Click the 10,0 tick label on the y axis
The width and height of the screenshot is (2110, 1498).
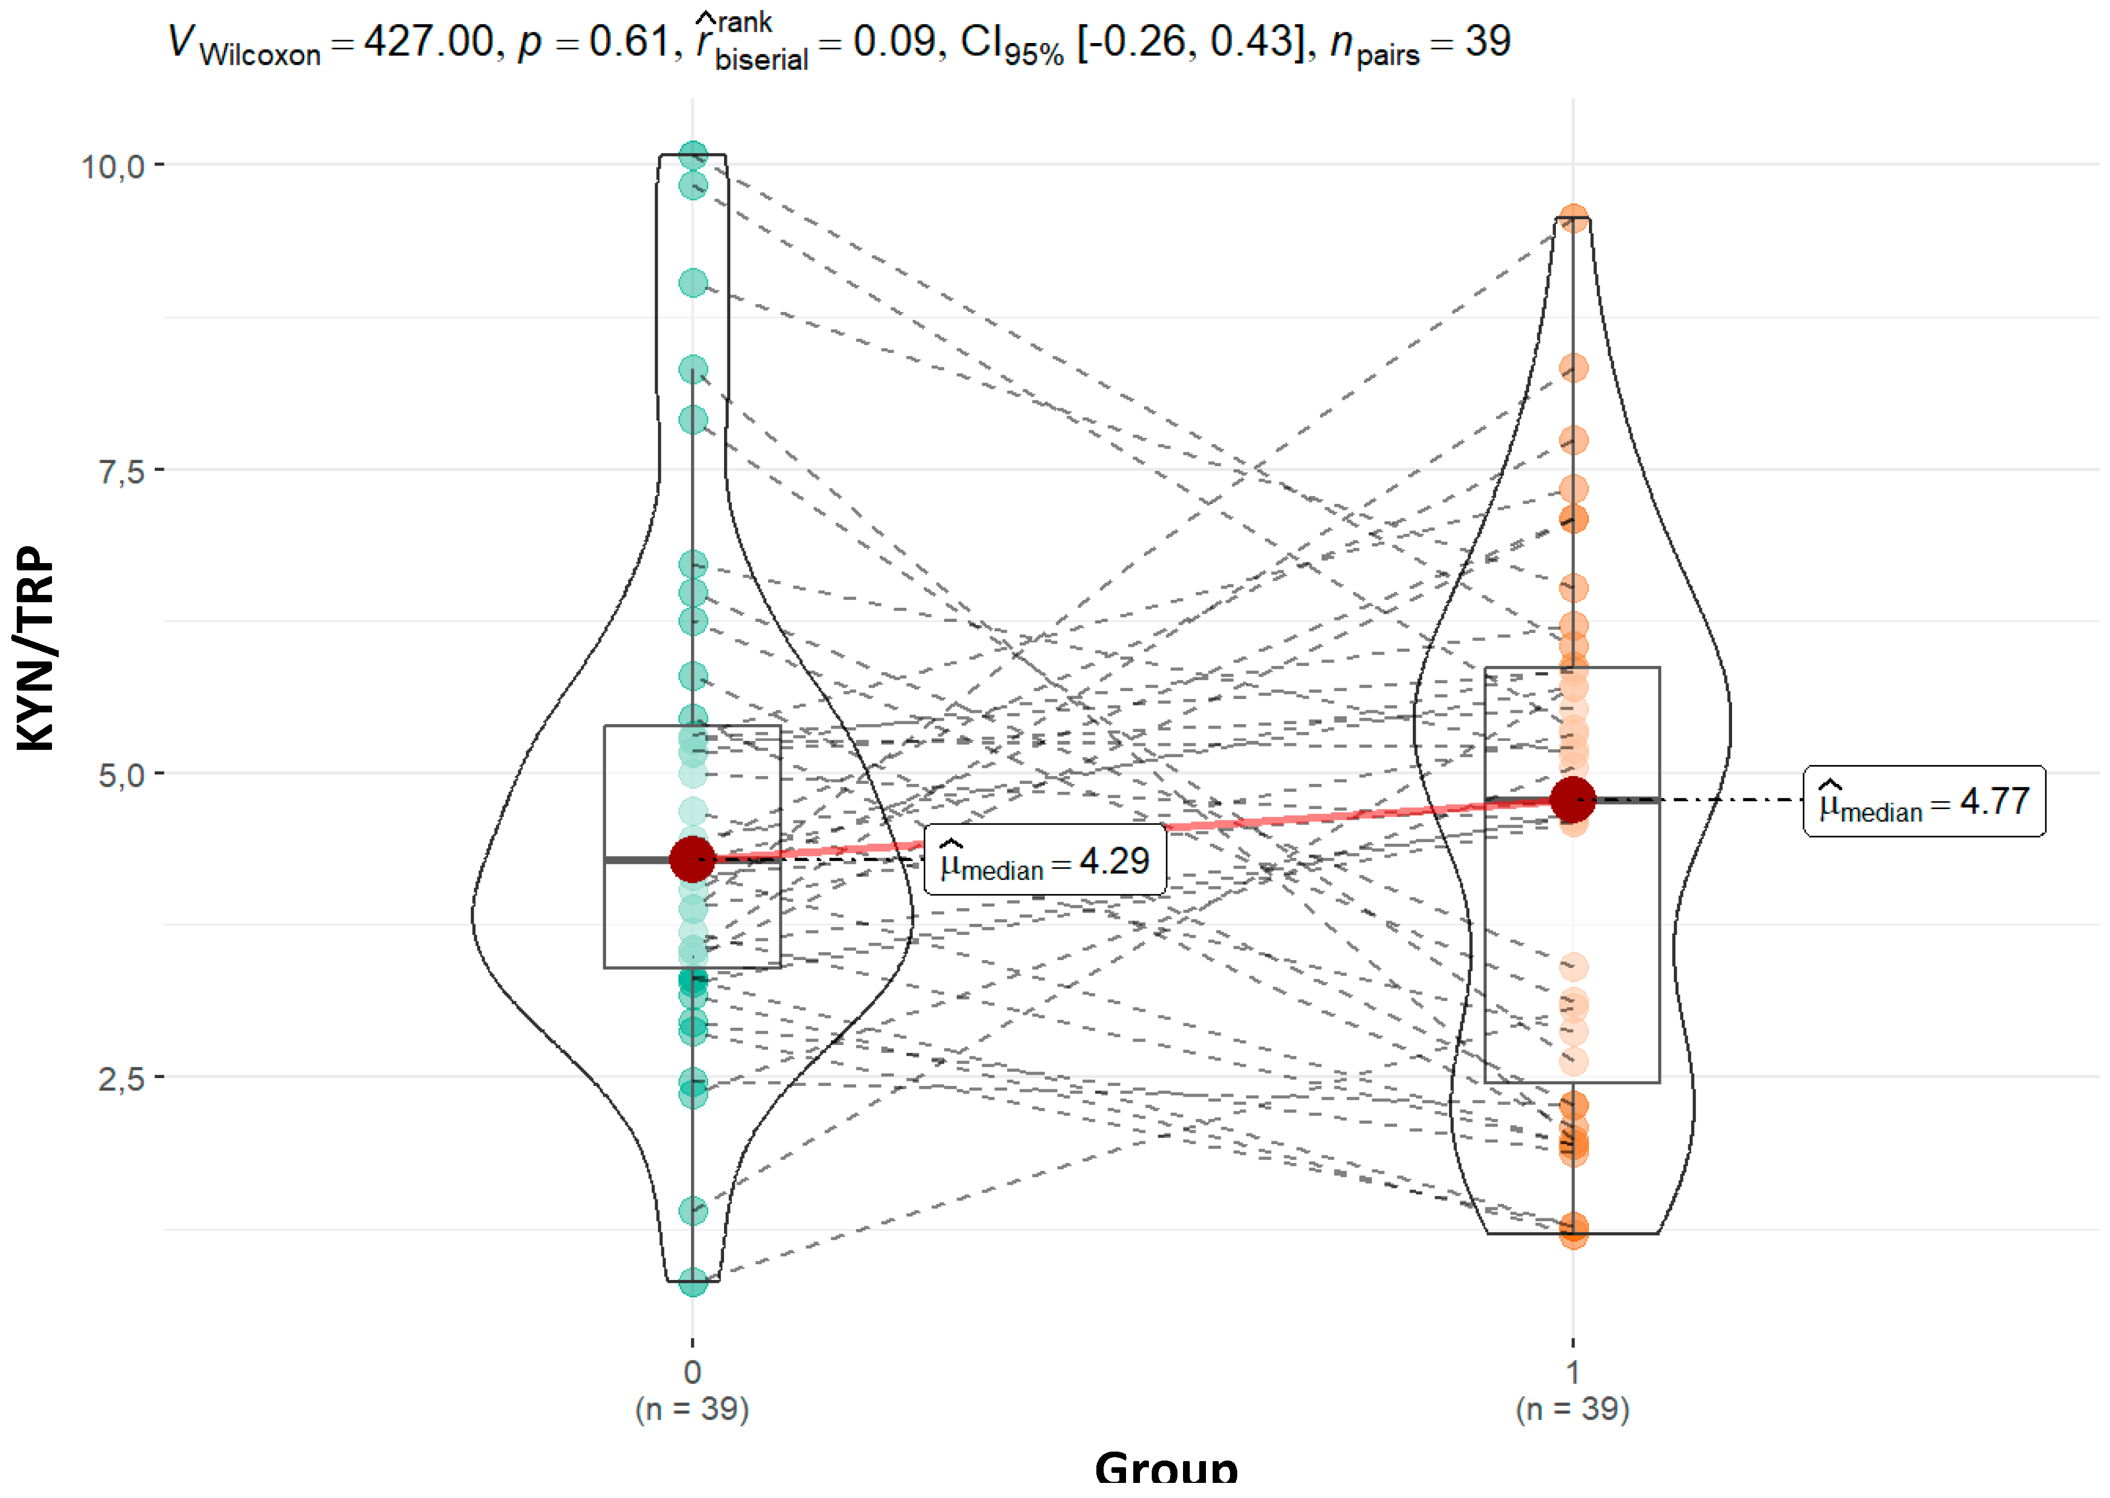point(112,167)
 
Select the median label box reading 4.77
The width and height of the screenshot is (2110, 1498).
point(1924,801)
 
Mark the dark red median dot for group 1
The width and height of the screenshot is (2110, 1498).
point(1572,799)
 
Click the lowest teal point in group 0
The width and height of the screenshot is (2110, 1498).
point(693,1281)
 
